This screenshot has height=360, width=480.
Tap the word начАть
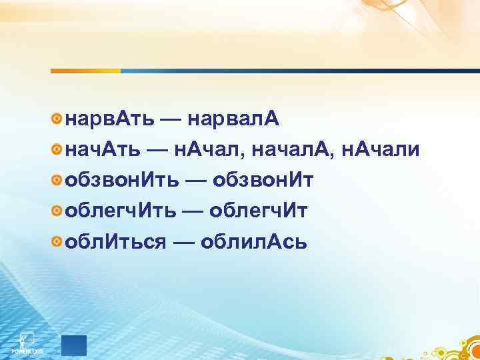pos(103,150)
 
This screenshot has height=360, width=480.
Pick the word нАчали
pos(380,150)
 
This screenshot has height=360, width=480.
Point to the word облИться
pos(115,242)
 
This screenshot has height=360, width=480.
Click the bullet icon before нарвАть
pos(57,119)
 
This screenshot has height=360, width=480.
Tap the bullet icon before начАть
pos(57,150)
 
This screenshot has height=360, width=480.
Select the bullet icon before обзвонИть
pos(57,181)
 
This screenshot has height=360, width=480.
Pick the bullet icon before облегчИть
pos(57,211)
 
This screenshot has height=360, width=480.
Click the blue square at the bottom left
pos(74,344)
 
